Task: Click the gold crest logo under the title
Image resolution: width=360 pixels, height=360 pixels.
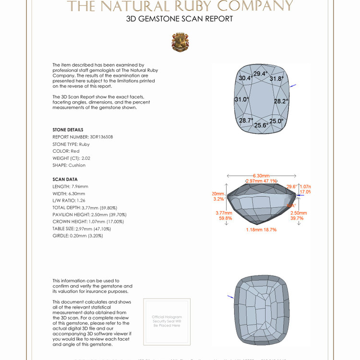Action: tap(180, 42)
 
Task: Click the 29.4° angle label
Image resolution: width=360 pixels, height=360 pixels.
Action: tap(260, 73)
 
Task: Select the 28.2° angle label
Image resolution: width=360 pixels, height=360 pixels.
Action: tap(281, 101)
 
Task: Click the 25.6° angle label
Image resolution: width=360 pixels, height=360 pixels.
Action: tap(261, 125)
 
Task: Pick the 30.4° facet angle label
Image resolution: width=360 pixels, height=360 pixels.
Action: tap(245, 78)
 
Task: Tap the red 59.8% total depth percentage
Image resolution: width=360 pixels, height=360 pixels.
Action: tap(226, 218)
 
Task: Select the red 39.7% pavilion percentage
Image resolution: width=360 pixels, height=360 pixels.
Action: tap(297, 218)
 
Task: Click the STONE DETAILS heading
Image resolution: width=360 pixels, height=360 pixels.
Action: tap(68, 130)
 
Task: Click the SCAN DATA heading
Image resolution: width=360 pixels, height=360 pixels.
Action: tap(65, 179)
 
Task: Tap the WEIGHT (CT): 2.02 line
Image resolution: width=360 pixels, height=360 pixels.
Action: tap(72, 158)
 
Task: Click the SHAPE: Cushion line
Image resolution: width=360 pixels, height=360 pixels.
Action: tap(69, 165)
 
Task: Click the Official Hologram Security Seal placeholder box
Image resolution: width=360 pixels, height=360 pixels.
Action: tap(167, 321)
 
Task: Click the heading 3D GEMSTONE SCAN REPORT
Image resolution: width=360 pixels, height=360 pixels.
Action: tap(180, 19)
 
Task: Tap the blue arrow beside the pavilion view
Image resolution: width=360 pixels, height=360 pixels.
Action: tap(230, 297)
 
